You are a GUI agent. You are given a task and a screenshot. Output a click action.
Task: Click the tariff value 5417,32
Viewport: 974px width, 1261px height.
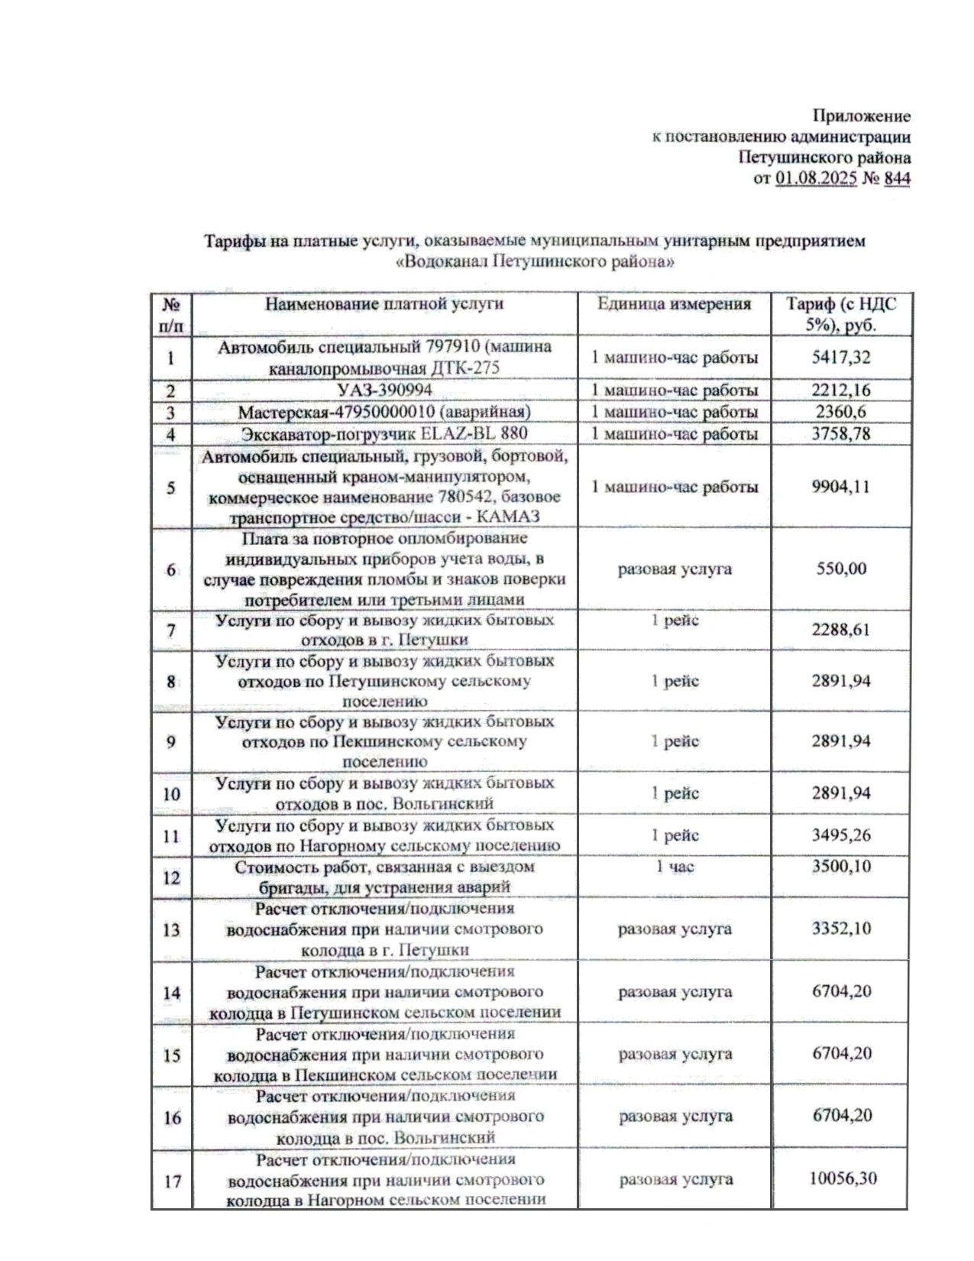(x=841, y=357)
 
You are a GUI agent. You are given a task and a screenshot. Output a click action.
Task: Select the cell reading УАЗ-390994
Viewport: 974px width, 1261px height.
(x=385, y=391)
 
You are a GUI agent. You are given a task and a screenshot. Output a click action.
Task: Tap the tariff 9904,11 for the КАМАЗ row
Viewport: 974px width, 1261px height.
(x=841, y=487)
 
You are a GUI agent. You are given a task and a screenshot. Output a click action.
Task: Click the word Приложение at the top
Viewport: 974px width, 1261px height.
(x=861, y=117)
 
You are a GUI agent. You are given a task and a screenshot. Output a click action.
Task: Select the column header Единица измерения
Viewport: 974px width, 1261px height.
(x=675, y=304)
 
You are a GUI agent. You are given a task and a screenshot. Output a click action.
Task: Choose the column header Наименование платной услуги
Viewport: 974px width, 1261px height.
(x=384, y=304)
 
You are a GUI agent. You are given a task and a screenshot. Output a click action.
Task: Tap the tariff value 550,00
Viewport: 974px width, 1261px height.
(x=841, y=569)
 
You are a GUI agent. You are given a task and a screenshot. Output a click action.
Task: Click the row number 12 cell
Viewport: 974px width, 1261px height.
(x=171, y=877)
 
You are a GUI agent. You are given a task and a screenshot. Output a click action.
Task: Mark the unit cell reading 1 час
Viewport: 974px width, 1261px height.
(x=675, y=867)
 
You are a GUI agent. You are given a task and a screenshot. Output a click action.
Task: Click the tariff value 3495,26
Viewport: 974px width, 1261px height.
(x=841, y=835)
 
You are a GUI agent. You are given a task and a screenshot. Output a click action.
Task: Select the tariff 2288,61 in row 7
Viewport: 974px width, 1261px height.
(x=841, y=630)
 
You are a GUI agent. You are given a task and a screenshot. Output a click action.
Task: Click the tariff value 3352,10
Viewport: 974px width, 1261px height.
(x=841, y=929)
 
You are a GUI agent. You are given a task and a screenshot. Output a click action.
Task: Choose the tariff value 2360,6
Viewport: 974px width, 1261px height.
(x=840, y=412)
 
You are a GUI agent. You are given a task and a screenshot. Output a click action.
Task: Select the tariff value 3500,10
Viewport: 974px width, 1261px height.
(x=841, y=867)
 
